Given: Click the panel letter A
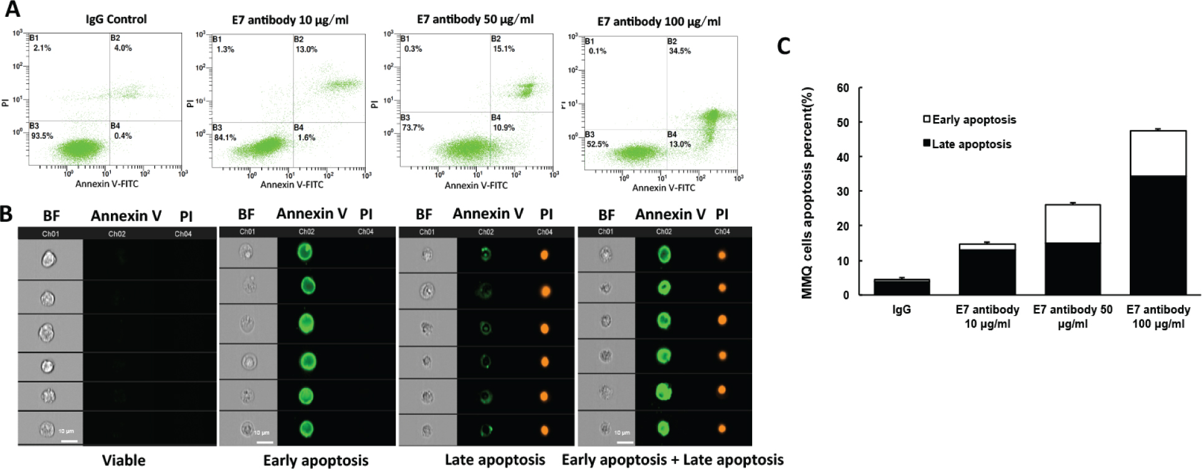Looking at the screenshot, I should (x=12, y=9).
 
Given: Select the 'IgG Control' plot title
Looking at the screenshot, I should (x=116, y=19).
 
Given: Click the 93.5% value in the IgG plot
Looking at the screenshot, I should (x=42, y=136).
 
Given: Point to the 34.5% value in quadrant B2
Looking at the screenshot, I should (x=679, y=51).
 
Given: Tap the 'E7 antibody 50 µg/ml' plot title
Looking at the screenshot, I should (x=475, y=19).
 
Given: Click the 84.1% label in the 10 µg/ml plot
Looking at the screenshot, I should (x=224, y=138).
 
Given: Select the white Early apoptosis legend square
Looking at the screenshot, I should (x=927, y=119).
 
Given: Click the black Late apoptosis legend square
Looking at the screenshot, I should (x=927, y=144).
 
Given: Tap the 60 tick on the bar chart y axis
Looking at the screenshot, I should (x=842, y=88).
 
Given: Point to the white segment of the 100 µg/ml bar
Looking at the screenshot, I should (x=1157, y=153).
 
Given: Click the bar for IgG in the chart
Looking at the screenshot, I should (x=902, y=288).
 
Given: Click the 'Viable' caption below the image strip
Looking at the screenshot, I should (x=123, y=460).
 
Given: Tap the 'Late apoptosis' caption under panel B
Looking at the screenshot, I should (x=495, y=460).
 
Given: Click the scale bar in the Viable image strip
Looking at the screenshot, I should (x=70, y=441).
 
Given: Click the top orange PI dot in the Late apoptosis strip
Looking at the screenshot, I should (x=544, y=255).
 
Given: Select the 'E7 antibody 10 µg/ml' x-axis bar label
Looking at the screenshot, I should (x=987, y=316).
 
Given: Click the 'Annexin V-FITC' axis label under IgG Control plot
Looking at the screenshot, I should (x=107, y=184).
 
